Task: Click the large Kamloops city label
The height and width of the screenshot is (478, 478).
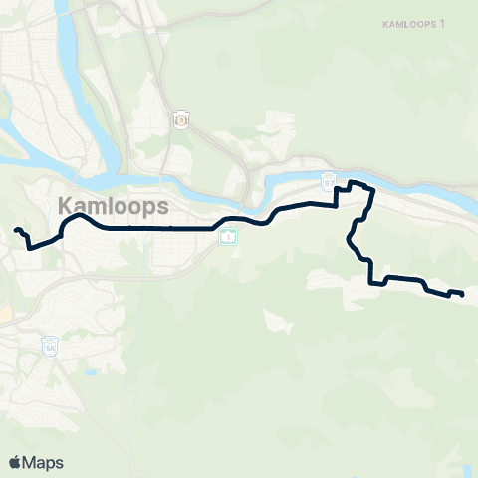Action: [113, 206]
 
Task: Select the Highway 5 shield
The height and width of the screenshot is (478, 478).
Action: [181, 119]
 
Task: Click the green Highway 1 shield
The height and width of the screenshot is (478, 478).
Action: [229, 237]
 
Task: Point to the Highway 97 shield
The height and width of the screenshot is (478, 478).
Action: [328, 181]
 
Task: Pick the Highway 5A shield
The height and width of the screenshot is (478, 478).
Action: [51, 347]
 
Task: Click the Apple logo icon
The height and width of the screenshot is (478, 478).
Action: [15, 462]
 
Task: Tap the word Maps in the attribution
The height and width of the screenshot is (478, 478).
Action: [43, 462]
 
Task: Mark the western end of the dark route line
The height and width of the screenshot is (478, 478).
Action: [16, 231]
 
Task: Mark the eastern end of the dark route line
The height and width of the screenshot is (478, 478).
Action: [462, 294]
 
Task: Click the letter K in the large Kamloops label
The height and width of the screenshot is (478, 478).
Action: [67, 206]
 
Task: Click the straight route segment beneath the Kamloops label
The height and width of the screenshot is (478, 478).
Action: [149, 228]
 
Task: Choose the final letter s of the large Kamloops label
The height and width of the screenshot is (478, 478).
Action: [159, 206]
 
